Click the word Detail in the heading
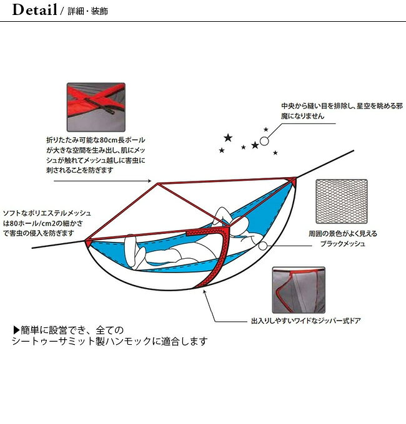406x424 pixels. click(35, 11)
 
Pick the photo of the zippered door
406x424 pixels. click(298, 291)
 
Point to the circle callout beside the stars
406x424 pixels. click(264, 142)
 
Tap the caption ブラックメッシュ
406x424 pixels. click(342, 244)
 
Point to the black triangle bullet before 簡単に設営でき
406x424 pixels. click(16, 330)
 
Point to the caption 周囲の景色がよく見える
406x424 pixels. click(342, 234)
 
